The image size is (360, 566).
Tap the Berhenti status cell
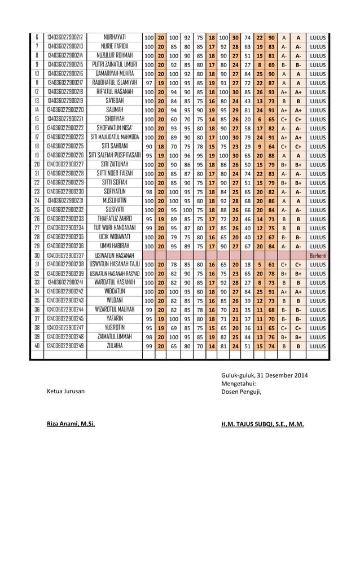pos(317,255)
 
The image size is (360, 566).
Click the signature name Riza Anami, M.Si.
pos(71,423)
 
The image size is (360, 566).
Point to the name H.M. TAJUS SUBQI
pos(262,423)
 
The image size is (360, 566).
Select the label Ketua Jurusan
pos(66,391)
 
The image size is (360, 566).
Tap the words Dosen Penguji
pos(241,391)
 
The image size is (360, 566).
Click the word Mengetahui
pos(241,383)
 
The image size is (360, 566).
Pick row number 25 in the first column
pos(37,210)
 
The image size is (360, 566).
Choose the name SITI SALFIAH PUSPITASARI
pos(115,155)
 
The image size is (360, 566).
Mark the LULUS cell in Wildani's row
pos(317,301)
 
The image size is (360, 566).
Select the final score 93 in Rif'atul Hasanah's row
pos(272,92)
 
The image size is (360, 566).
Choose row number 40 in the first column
pos(37,346)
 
